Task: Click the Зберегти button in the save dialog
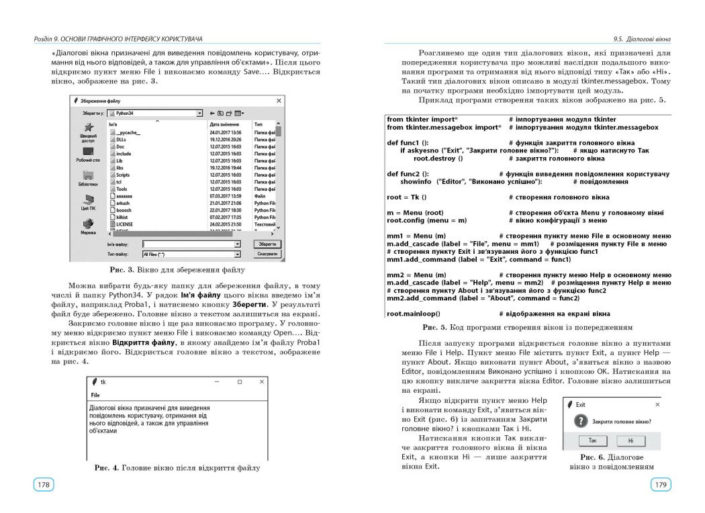267,244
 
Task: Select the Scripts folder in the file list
123,174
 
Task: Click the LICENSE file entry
124,224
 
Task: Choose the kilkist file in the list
122,217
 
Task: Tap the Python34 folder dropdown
156,113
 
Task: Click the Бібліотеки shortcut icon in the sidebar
88,177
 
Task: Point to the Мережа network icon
88,224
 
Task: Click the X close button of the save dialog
279,100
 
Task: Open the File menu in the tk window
95,395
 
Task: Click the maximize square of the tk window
240,381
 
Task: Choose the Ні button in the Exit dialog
630,440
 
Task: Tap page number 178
44,484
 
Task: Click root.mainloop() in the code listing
414,314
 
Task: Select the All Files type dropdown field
191,254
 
